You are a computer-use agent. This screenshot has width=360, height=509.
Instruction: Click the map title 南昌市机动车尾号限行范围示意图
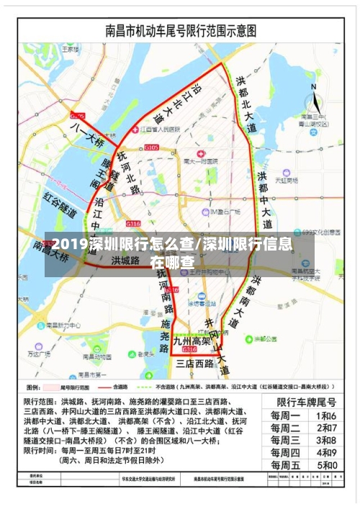click(x=180, y=32)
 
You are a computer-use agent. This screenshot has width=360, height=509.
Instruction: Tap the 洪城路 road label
click(x=125, y=260)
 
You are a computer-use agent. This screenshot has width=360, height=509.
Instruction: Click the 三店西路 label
click(x=194, y=364)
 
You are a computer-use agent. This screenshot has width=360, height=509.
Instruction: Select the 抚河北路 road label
click(x=127, y=173)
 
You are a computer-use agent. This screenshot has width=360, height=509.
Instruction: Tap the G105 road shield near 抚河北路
click(x=151, y=148)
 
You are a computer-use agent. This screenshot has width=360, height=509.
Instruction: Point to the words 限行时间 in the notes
click(x=40, y=450)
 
